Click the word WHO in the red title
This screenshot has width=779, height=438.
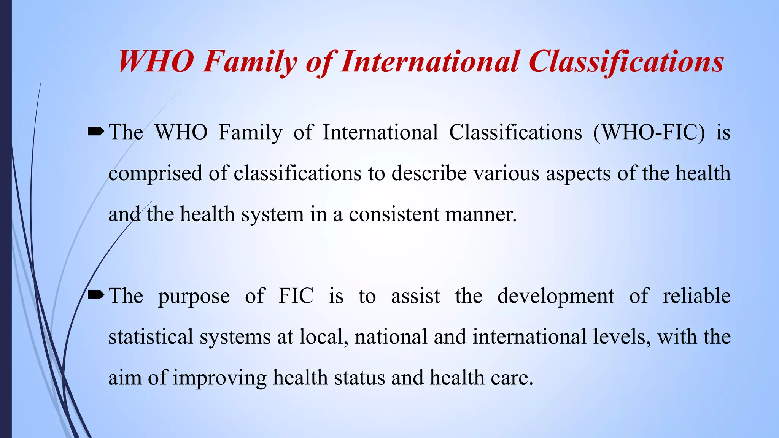pos(156,62)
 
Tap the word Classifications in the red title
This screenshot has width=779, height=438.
pos(626,62)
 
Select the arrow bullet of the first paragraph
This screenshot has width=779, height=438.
pos(95,132)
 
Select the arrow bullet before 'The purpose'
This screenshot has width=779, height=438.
pos(95,295)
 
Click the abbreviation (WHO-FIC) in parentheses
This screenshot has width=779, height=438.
pos(649,133)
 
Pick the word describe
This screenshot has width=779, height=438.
pos(429,174)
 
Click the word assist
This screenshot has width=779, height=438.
pos(415,296)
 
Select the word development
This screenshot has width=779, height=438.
pos(555,297)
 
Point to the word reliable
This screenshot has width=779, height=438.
pos(696,296)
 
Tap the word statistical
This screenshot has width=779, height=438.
pos(151,337)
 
